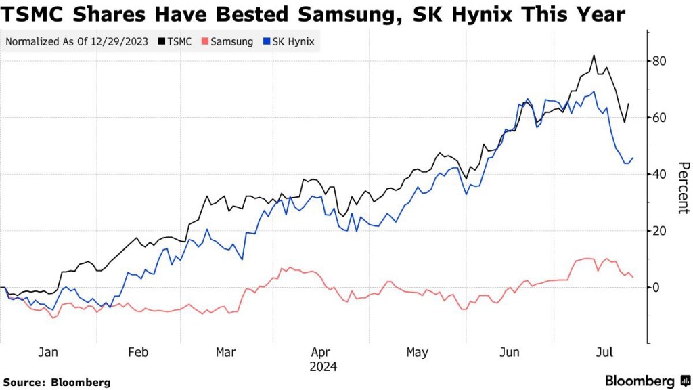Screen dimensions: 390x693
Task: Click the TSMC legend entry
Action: (x=175, y=41)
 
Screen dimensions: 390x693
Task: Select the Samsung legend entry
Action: (x=227, y=41)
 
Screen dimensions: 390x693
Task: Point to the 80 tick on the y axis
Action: (x=659, y=61)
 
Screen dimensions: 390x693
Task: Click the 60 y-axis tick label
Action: (x=659, y=118)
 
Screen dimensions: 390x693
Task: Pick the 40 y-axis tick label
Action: (x=659, y=174)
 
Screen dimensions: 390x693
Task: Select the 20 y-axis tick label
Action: (x=659, y=231)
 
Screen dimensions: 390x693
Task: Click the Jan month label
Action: (x=47, y=352)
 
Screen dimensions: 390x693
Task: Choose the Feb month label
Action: (x=138, y=352)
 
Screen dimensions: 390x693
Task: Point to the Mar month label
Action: (x=225, y=352)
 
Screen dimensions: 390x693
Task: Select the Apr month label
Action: (x=321, y=352)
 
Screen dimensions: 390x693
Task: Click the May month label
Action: (x=418, y=352)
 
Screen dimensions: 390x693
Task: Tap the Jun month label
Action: (x=509, y=352)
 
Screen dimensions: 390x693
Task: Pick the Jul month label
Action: (x=604, y=352)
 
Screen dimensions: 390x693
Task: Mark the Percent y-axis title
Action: (x=683, y=188)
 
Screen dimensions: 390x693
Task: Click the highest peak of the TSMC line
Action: (x=594, y=56)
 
